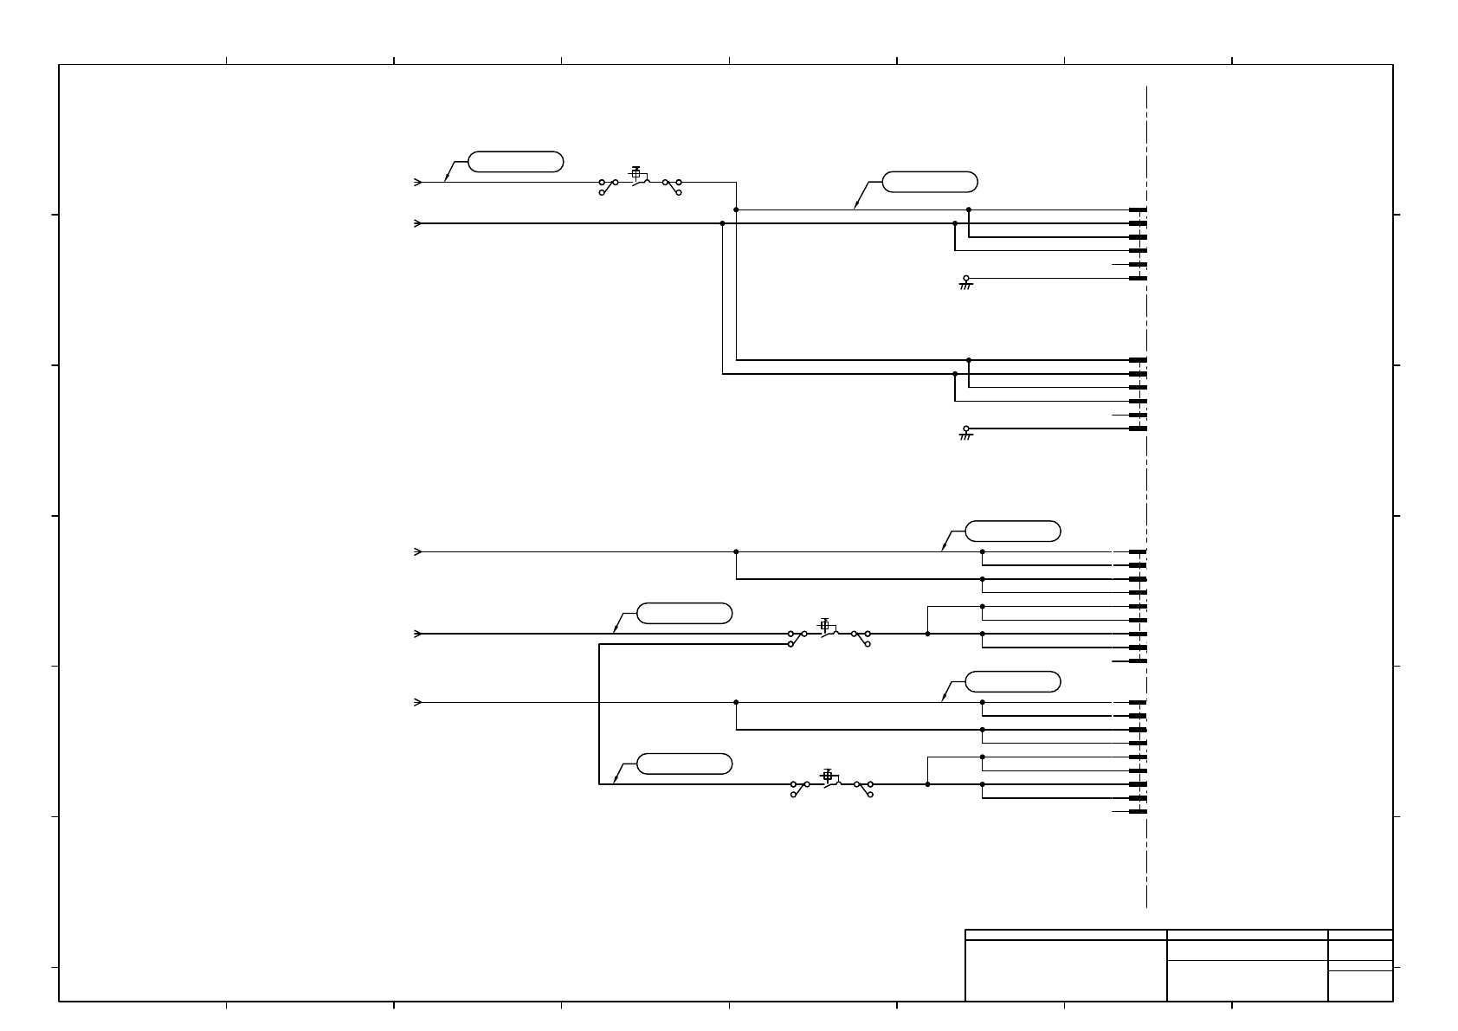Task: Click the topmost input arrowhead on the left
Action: click(x=418, y=183)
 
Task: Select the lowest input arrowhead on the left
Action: click(x=418, y=702)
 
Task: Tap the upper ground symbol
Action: click(x=966, y=282)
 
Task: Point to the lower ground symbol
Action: click(x=966, y=432)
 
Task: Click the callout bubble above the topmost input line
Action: click(x=515, y=162)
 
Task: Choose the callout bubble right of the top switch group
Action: click(x=929, y=182)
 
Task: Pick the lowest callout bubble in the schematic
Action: click(x=684, y=764)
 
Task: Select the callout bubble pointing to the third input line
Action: click(x=1012, y=532)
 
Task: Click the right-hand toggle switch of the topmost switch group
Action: click(x=672, y=186)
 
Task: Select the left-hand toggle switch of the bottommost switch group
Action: click(x=800, y=788)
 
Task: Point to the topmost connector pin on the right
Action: click(x=1138, y=209)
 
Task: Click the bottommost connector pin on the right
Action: click(x=1138, y=812)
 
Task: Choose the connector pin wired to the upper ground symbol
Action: click(x=1138, y=278)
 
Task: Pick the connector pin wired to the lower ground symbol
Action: click(x=1138, y=429)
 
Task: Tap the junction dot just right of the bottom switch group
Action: click(x=927, y=784)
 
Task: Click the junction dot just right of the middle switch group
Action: click(x=927, y=634)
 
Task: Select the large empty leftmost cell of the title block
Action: click(x=1065, y=970)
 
